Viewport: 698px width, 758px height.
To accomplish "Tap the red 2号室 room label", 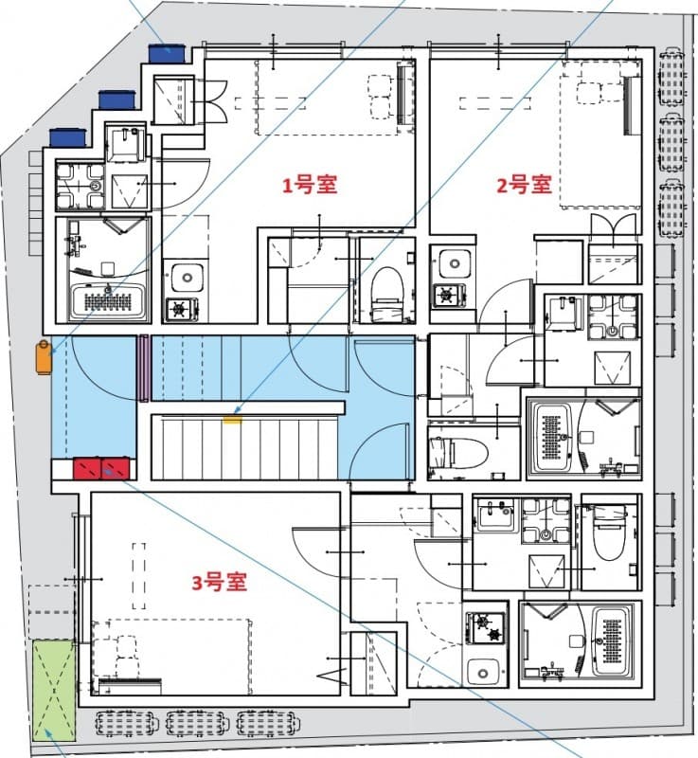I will pos(524,184).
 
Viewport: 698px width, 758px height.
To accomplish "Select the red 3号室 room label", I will pos(219,583).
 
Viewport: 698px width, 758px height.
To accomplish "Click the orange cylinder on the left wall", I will pos(43,356).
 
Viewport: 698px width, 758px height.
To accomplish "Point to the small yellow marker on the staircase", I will pos(232,413).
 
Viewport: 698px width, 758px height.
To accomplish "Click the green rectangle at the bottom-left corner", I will pos(53,690).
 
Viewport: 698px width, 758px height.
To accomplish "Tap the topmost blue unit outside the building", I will pos(166,54).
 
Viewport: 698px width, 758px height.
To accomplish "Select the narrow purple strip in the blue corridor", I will pos(145,367).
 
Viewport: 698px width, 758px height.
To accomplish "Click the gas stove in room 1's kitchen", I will pos(180,308).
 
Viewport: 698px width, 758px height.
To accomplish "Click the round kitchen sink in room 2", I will pos(448,262).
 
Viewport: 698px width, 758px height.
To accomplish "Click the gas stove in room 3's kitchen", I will pos(484,626).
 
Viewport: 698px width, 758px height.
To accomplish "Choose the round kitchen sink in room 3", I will pos(485,669).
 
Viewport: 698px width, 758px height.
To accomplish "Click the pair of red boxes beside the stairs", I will pos(100,467).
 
